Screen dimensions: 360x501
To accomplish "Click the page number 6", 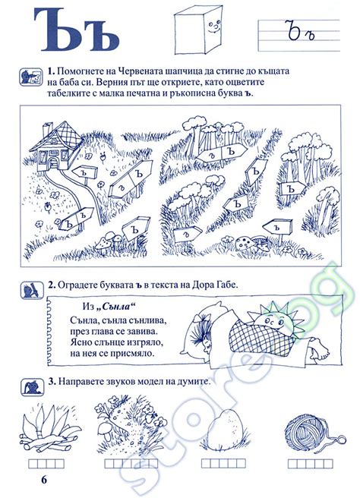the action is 44,480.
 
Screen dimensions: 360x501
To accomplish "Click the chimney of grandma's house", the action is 47,130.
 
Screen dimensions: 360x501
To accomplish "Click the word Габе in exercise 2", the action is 227,285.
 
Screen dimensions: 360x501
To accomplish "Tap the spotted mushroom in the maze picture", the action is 245,244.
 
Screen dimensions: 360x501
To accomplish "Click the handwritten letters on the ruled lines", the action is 302,32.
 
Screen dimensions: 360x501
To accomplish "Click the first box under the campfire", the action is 33,464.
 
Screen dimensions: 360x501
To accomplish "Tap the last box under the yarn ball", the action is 328,464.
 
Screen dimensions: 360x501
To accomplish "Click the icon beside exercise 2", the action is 32,290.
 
